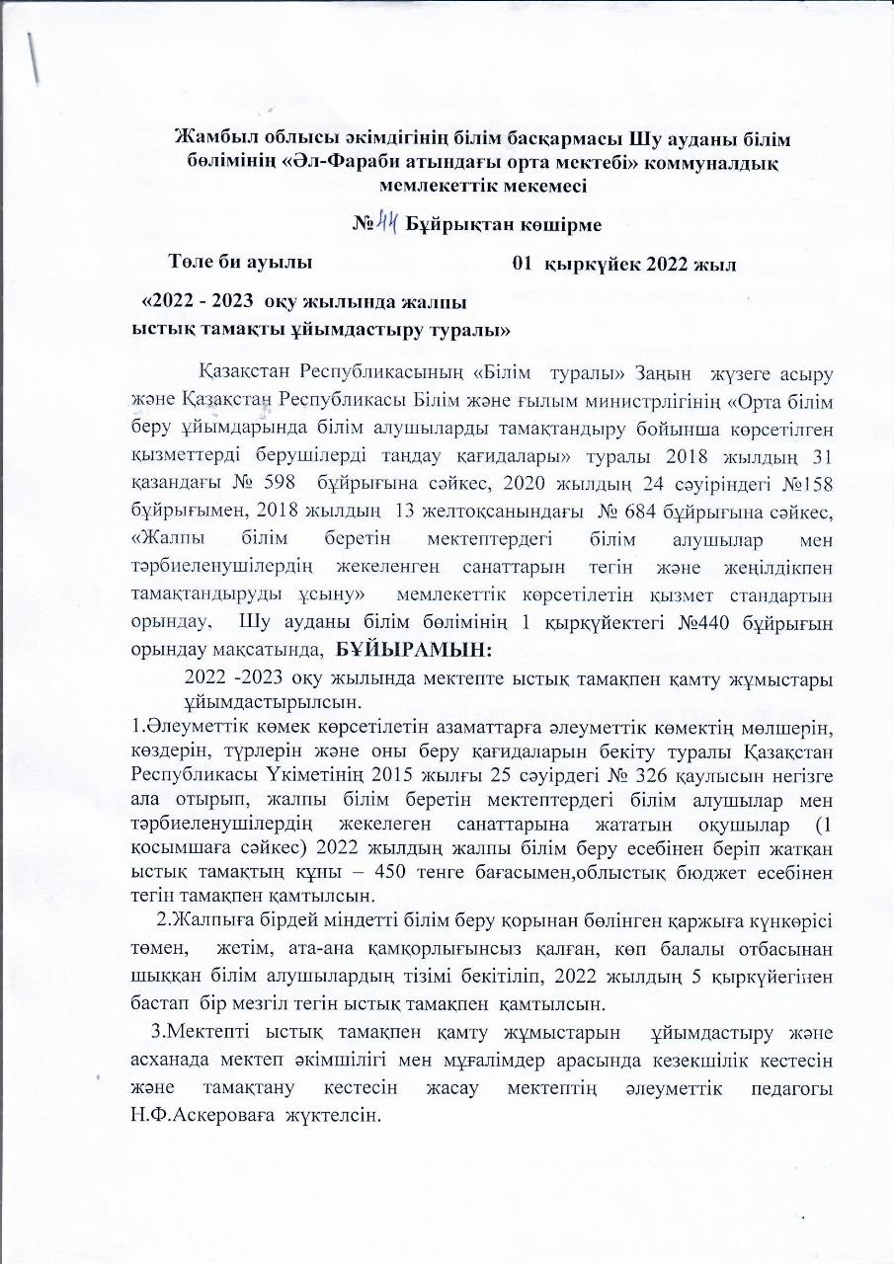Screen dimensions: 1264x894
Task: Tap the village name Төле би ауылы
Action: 241,263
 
